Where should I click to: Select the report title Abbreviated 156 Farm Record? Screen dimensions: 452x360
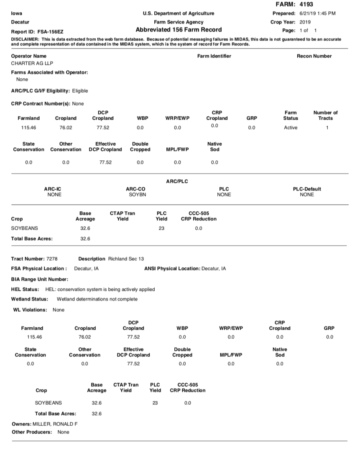[x=179, y=30]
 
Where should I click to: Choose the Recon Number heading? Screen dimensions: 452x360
[x=314, y=56]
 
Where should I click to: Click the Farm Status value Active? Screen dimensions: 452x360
[x=291, y=128]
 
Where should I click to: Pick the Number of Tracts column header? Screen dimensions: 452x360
[x=325, y=115]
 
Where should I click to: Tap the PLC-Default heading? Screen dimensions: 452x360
[x=307, y=189]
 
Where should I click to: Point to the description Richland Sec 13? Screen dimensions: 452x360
[x=126, y=259]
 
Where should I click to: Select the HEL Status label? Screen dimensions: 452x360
[x=25, y=289]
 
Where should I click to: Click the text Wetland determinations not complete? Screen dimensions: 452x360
[x=97, y=299]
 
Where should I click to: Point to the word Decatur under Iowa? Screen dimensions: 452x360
[x=20, y=22]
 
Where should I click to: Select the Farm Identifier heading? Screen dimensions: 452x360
[x=214, y=56]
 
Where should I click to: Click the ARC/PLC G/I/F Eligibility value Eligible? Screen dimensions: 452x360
[x=80, y=91]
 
